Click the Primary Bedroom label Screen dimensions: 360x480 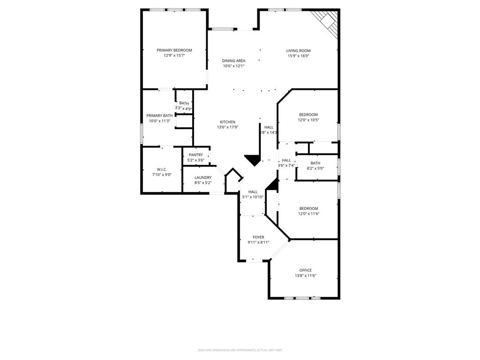pos(174,50)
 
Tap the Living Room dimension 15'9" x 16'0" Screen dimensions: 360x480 pos(299,56)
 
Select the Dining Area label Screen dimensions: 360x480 pos(233,60)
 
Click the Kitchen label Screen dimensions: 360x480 pos(227,122)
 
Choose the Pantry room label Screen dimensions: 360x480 pos(196,155)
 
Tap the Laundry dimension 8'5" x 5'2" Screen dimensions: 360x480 pos(203,183)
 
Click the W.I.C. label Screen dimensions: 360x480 pos(162,169)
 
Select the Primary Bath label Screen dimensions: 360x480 pos(159,115)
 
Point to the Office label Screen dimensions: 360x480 pos(306,270)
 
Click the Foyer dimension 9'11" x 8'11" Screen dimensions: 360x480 pos(258,243)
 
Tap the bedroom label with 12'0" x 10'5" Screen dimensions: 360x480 pos(308,114)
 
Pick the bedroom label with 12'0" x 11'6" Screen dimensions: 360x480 pos(308,208)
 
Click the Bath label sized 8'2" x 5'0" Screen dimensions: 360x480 pos(315,163)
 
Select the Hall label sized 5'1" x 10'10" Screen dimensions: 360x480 pos(253,191)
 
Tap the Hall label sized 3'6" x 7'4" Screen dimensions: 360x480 pos(286,160)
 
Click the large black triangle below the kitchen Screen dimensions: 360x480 pos(253,160)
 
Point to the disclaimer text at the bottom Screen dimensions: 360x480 pos(240,350)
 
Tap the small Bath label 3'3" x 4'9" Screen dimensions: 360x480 pos(184,103)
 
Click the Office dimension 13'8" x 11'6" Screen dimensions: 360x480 pos(306,276)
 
